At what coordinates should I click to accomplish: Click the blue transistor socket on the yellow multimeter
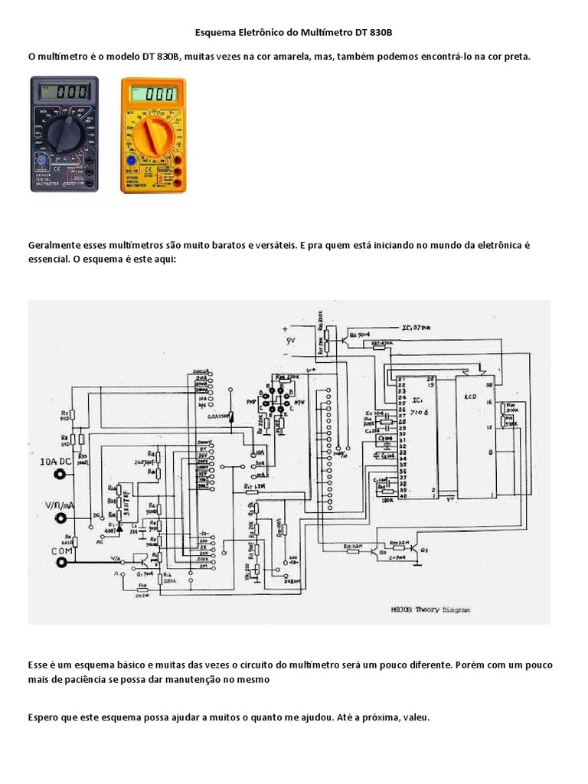[x=130, y=161]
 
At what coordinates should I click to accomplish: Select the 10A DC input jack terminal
[x=58, y=475]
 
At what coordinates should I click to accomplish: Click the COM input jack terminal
[x=60, y=563]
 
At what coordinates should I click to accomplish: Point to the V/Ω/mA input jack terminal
[x=58, y=519]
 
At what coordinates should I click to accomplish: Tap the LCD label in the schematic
[x=471, y=397]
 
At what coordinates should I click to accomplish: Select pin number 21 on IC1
[x=400, y=379]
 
